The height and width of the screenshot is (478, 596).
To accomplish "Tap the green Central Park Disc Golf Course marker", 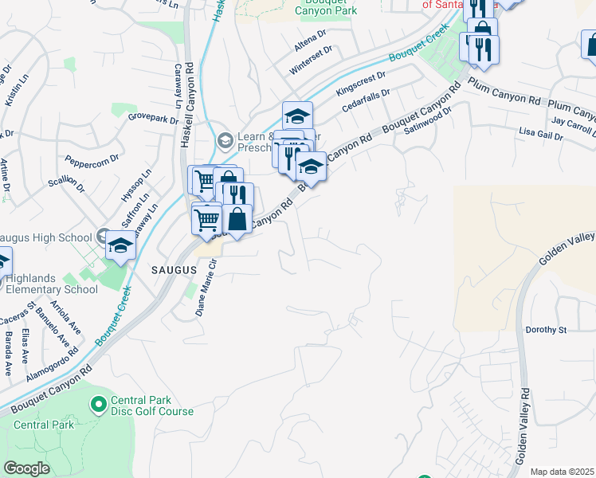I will (x=99, y=406).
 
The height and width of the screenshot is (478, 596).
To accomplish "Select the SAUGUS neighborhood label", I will (x=174, y=270).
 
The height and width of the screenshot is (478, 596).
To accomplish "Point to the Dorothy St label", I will (x=545, y=330).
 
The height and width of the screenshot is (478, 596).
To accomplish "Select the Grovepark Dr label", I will (x=153, y=119).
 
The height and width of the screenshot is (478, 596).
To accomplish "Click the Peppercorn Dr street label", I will (x=92, y=159).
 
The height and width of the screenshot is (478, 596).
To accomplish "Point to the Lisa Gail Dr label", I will (x=540, y=133).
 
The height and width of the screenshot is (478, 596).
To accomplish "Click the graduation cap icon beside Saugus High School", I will (x=120, y=245).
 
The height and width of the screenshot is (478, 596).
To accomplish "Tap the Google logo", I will (x=26, y=468).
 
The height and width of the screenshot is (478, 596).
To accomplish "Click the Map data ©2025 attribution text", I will (x=562, y=472).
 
